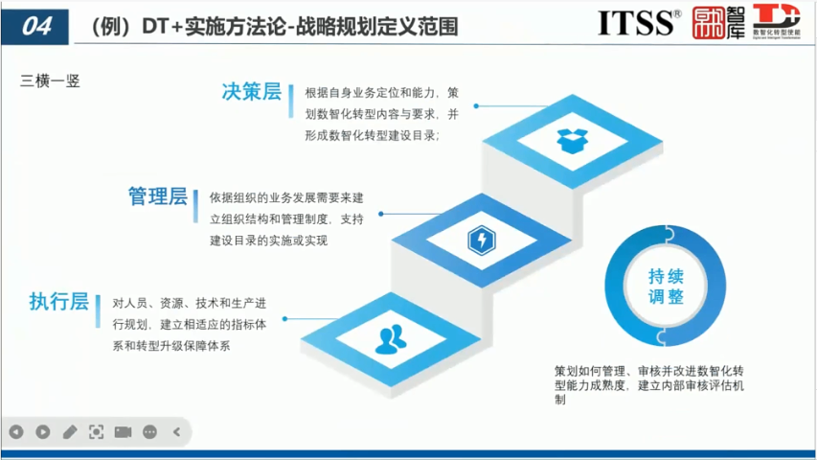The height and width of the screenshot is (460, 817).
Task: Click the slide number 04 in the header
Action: point(35,26)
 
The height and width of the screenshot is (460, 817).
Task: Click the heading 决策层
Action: point(251,93)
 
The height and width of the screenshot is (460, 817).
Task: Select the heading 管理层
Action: point(158,197)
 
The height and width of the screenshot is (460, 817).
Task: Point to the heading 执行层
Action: point(59,302)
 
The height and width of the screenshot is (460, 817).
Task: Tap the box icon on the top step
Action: point(572,140)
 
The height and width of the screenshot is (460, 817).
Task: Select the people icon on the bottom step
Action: point(391,337)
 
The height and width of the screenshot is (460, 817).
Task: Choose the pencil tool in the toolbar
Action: point(69,432)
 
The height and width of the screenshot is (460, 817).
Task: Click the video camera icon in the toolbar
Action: point(123,432)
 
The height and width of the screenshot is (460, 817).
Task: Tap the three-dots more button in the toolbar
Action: point(149,432)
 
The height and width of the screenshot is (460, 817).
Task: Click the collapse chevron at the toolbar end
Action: point(176,432)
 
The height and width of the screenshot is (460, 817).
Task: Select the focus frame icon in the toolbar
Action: point(96,432)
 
